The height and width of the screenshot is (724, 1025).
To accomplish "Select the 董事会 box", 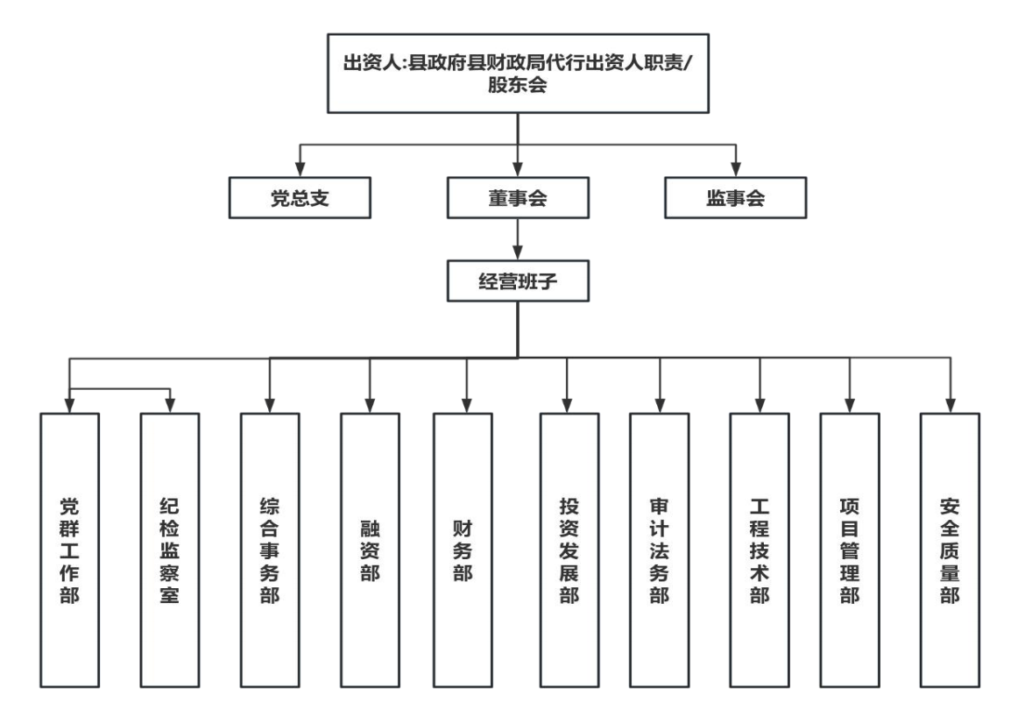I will tap(517, 198).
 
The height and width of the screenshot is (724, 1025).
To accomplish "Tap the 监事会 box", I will tap(735, 198).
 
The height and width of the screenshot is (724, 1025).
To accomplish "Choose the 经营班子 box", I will tap(517, 282).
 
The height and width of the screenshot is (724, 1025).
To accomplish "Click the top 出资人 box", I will tap(517, 75).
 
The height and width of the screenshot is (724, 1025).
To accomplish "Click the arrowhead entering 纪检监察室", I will tap(170, 405).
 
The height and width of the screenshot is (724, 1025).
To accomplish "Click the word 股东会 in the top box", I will tap(517, 87).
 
